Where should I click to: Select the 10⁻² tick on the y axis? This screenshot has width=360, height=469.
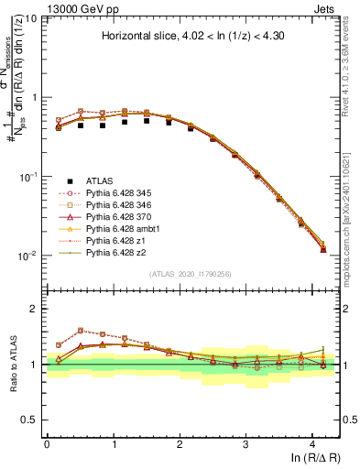click(x=27, y=256)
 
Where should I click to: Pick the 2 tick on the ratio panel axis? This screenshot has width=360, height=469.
click(x=36, y=309)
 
